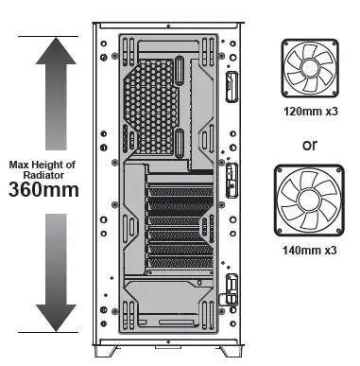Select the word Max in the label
click(21, 163)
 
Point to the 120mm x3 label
click(312, 111)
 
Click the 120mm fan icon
click(311, 68)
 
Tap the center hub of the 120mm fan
click(311, 68)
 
